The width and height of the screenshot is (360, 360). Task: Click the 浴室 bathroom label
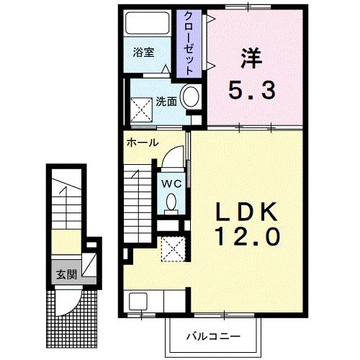point(143,53)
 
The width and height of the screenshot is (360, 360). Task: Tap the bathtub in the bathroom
point(147,23)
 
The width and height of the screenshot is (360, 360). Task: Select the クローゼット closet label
point(189,43)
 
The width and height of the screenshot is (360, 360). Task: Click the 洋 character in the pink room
point(251,58)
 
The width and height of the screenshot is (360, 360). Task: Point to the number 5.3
point(252,90)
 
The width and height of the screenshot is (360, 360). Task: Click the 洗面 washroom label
point(166,102)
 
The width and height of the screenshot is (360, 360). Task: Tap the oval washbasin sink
point(191,96)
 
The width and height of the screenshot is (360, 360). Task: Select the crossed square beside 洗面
point(141,109)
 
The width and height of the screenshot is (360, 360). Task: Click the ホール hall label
point(143,143)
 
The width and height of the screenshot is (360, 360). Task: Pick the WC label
point(171,184)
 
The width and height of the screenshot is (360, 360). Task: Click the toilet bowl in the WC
point(171,203)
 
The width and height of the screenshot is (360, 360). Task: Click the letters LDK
point(247,212)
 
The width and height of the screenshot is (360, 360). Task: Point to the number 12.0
point(248,236)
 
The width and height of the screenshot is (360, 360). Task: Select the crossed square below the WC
point(173,249)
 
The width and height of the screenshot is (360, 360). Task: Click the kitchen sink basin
point(138,301)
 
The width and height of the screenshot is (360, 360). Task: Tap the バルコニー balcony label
point(213,336)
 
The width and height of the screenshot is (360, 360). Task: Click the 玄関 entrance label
point(66,274)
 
